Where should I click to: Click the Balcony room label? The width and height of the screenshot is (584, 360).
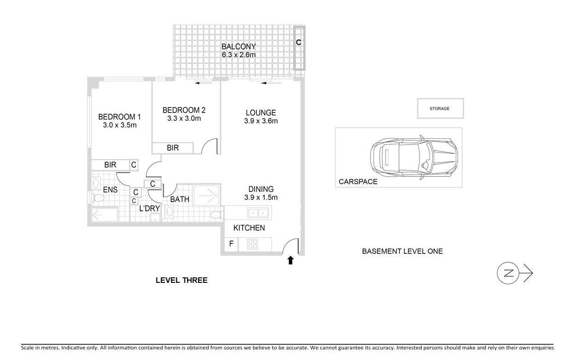pyautogui.click(x=238, y=47)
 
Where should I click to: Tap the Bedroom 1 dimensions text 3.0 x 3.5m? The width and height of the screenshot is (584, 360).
pyautogui.click(x=119, y=125)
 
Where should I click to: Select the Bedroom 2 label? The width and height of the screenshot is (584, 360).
pyautogui.click(x=184, y=110)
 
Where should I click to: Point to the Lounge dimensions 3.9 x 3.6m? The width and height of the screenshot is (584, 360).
pyautogui.click(x=261, y=121)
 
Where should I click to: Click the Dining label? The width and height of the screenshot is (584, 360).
pyautogui.click(x=261, y=189)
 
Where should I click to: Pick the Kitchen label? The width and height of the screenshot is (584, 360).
pyautogui.click(x=249, y=228)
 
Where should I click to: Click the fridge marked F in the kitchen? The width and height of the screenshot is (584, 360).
pyautogui.click(x=231, y=244)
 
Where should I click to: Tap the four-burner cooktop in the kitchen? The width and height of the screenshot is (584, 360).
pyautogui.click(x=252, y=244)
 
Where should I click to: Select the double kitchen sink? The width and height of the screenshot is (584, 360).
pyautogui.click(x=258, y=213)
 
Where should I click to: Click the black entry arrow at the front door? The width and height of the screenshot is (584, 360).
pyautogui.click(x=291, y=260)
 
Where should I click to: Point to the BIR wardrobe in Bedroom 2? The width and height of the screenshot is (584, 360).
pyautogui.click(x=173, y=148)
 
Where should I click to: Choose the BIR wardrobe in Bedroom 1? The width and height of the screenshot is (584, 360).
pyautogui.click(x=110, y=165)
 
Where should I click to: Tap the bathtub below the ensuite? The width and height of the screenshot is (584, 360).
pyautogui.click(x=105, y=215)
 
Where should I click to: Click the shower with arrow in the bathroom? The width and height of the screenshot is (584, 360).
pyautogui.click(x=206, y=195)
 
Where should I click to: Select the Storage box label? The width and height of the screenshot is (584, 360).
pyautogui.click(x=440, y=109)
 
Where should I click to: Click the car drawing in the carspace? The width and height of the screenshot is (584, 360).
pyautogui.click(x=414, y=157)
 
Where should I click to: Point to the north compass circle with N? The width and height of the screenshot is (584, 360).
pyautogui.click(x=508, y=273)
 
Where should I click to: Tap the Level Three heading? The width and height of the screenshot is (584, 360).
pyautogui.click(x=181, y=280)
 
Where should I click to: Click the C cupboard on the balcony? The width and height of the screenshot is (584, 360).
pyautogui.click(x=299, y=48)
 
